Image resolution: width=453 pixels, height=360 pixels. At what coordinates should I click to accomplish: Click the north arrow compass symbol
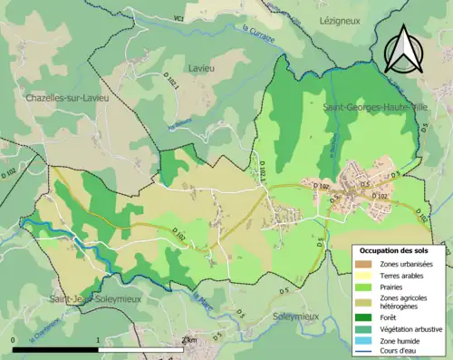point(402,49)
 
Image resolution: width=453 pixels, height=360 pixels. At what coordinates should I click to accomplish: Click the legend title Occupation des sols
point(400,251)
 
